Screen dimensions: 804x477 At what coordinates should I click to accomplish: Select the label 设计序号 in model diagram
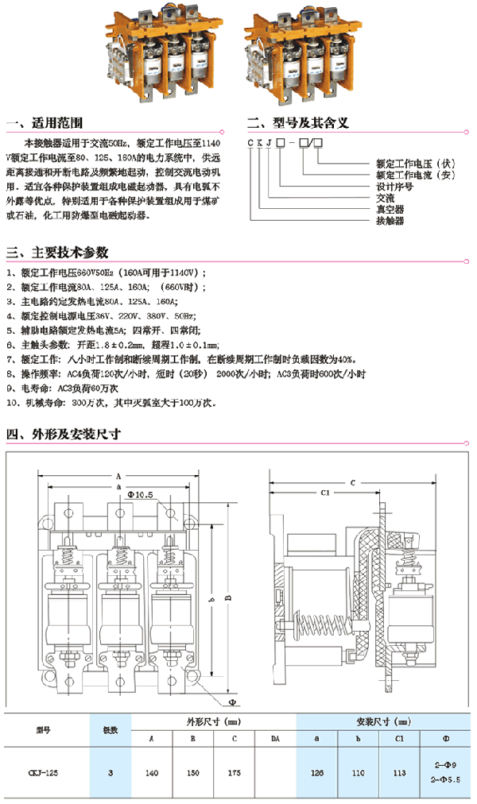tap(394, 187)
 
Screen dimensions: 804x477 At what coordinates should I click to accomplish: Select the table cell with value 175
tap(234, 771)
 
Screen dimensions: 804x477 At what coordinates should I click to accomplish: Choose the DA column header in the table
tap(275, 739)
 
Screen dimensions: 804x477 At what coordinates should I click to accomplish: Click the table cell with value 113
tap(404, 771)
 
